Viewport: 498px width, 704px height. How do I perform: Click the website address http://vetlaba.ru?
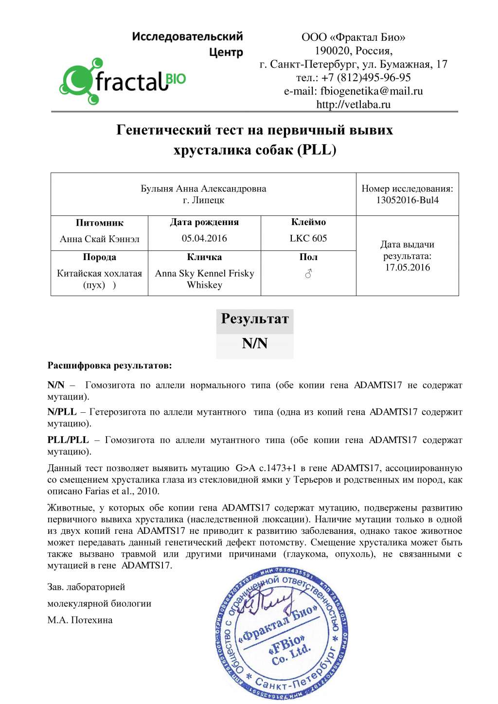353,105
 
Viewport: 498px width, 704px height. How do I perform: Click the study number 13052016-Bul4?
407,200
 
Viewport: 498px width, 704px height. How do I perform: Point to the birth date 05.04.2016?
204,238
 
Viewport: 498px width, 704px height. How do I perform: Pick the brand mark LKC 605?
308,238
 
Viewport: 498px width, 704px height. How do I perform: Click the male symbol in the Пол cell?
308,275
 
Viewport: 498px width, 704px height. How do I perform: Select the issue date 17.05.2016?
408,267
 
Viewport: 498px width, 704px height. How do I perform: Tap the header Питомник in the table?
99,223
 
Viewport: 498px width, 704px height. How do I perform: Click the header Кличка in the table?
204,257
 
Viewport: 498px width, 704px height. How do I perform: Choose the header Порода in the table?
99,257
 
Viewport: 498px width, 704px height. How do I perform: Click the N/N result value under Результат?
255,344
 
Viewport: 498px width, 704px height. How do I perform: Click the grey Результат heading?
255,319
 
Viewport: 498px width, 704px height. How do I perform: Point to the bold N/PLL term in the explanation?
62,412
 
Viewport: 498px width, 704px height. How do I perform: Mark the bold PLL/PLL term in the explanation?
68,440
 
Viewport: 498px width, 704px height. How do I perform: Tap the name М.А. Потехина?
80,620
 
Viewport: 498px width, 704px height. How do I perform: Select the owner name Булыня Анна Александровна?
203,189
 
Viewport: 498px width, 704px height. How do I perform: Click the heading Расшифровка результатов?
109,366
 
